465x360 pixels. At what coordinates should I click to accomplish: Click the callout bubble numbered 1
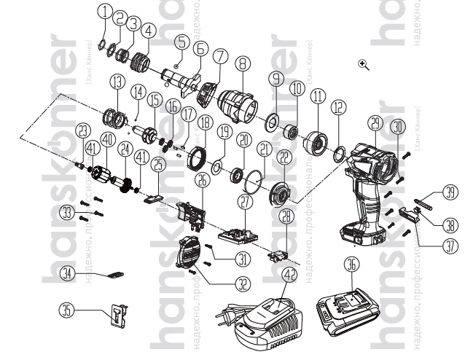coord(106,11)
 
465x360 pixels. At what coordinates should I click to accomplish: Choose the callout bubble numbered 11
coord(317,97)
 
